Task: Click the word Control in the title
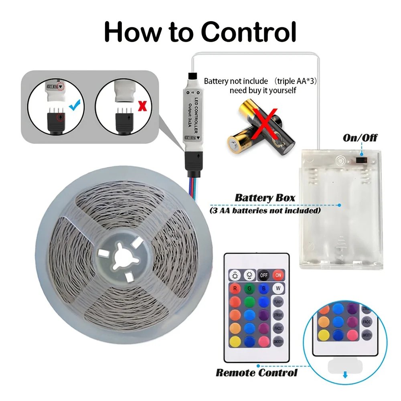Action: coord(248,32)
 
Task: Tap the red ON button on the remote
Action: coord(277,275)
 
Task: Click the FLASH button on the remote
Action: coord(277,301)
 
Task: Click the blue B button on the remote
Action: coord(263,288)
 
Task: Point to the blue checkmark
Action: coord(75,105)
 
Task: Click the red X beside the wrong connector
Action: coord(141,106)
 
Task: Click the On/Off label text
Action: coord(360,138)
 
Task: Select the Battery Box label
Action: coord(265,198)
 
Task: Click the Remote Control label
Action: coord(257,373)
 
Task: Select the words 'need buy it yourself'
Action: coord(263,90)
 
